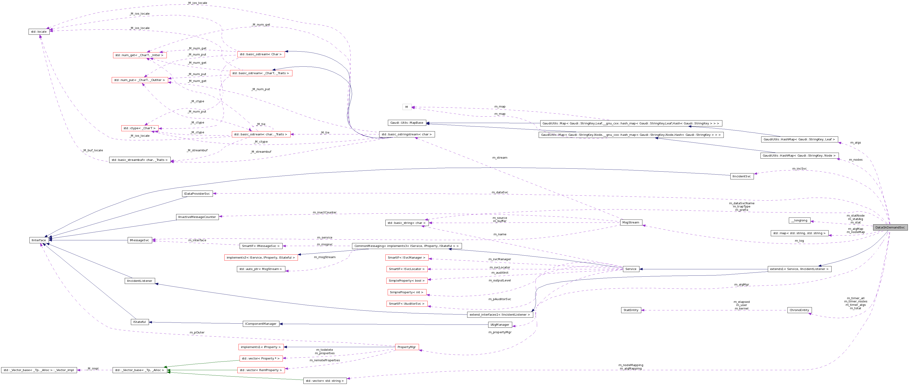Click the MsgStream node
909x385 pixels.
(x=631, y=223)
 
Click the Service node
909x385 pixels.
(x=631, y=269)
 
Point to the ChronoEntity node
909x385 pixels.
(x=799, y=310)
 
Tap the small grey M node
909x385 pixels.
(x=406, y=107)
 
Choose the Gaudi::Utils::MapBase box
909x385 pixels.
(x=406, y=123)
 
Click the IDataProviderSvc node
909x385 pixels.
(x=197, y=194)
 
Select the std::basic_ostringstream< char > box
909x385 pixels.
(x=406, y=134)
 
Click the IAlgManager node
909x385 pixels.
(x=500, y=325)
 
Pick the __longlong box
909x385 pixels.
(x=799, y=220)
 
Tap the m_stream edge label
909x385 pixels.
(x=500, y=158)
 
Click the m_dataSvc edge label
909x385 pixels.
(x=500, y=192)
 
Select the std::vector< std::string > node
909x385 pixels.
(x=325, y=381)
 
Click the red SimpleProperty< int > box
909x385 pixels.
(x=406, y=292)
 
